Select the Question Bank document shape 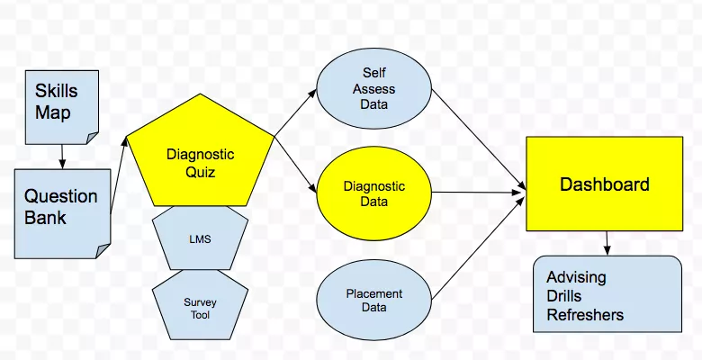coord(62,212)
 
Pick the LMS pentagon coord(200,238)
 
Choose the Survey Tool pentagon coord(200,307)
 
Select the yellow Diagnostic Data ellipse coord(373,193)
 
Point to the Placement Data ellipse coord(373,301)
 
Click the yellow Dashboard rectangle coord(604,184)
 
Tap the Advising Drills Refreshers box coord(607,294)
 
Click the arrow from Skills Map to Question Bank coord(62,156)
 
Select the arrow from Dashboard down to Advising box coord(607,242)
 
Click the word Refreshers coord(585,315)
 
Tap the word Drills coord(564,296)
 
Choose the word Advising coord(576,277)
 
